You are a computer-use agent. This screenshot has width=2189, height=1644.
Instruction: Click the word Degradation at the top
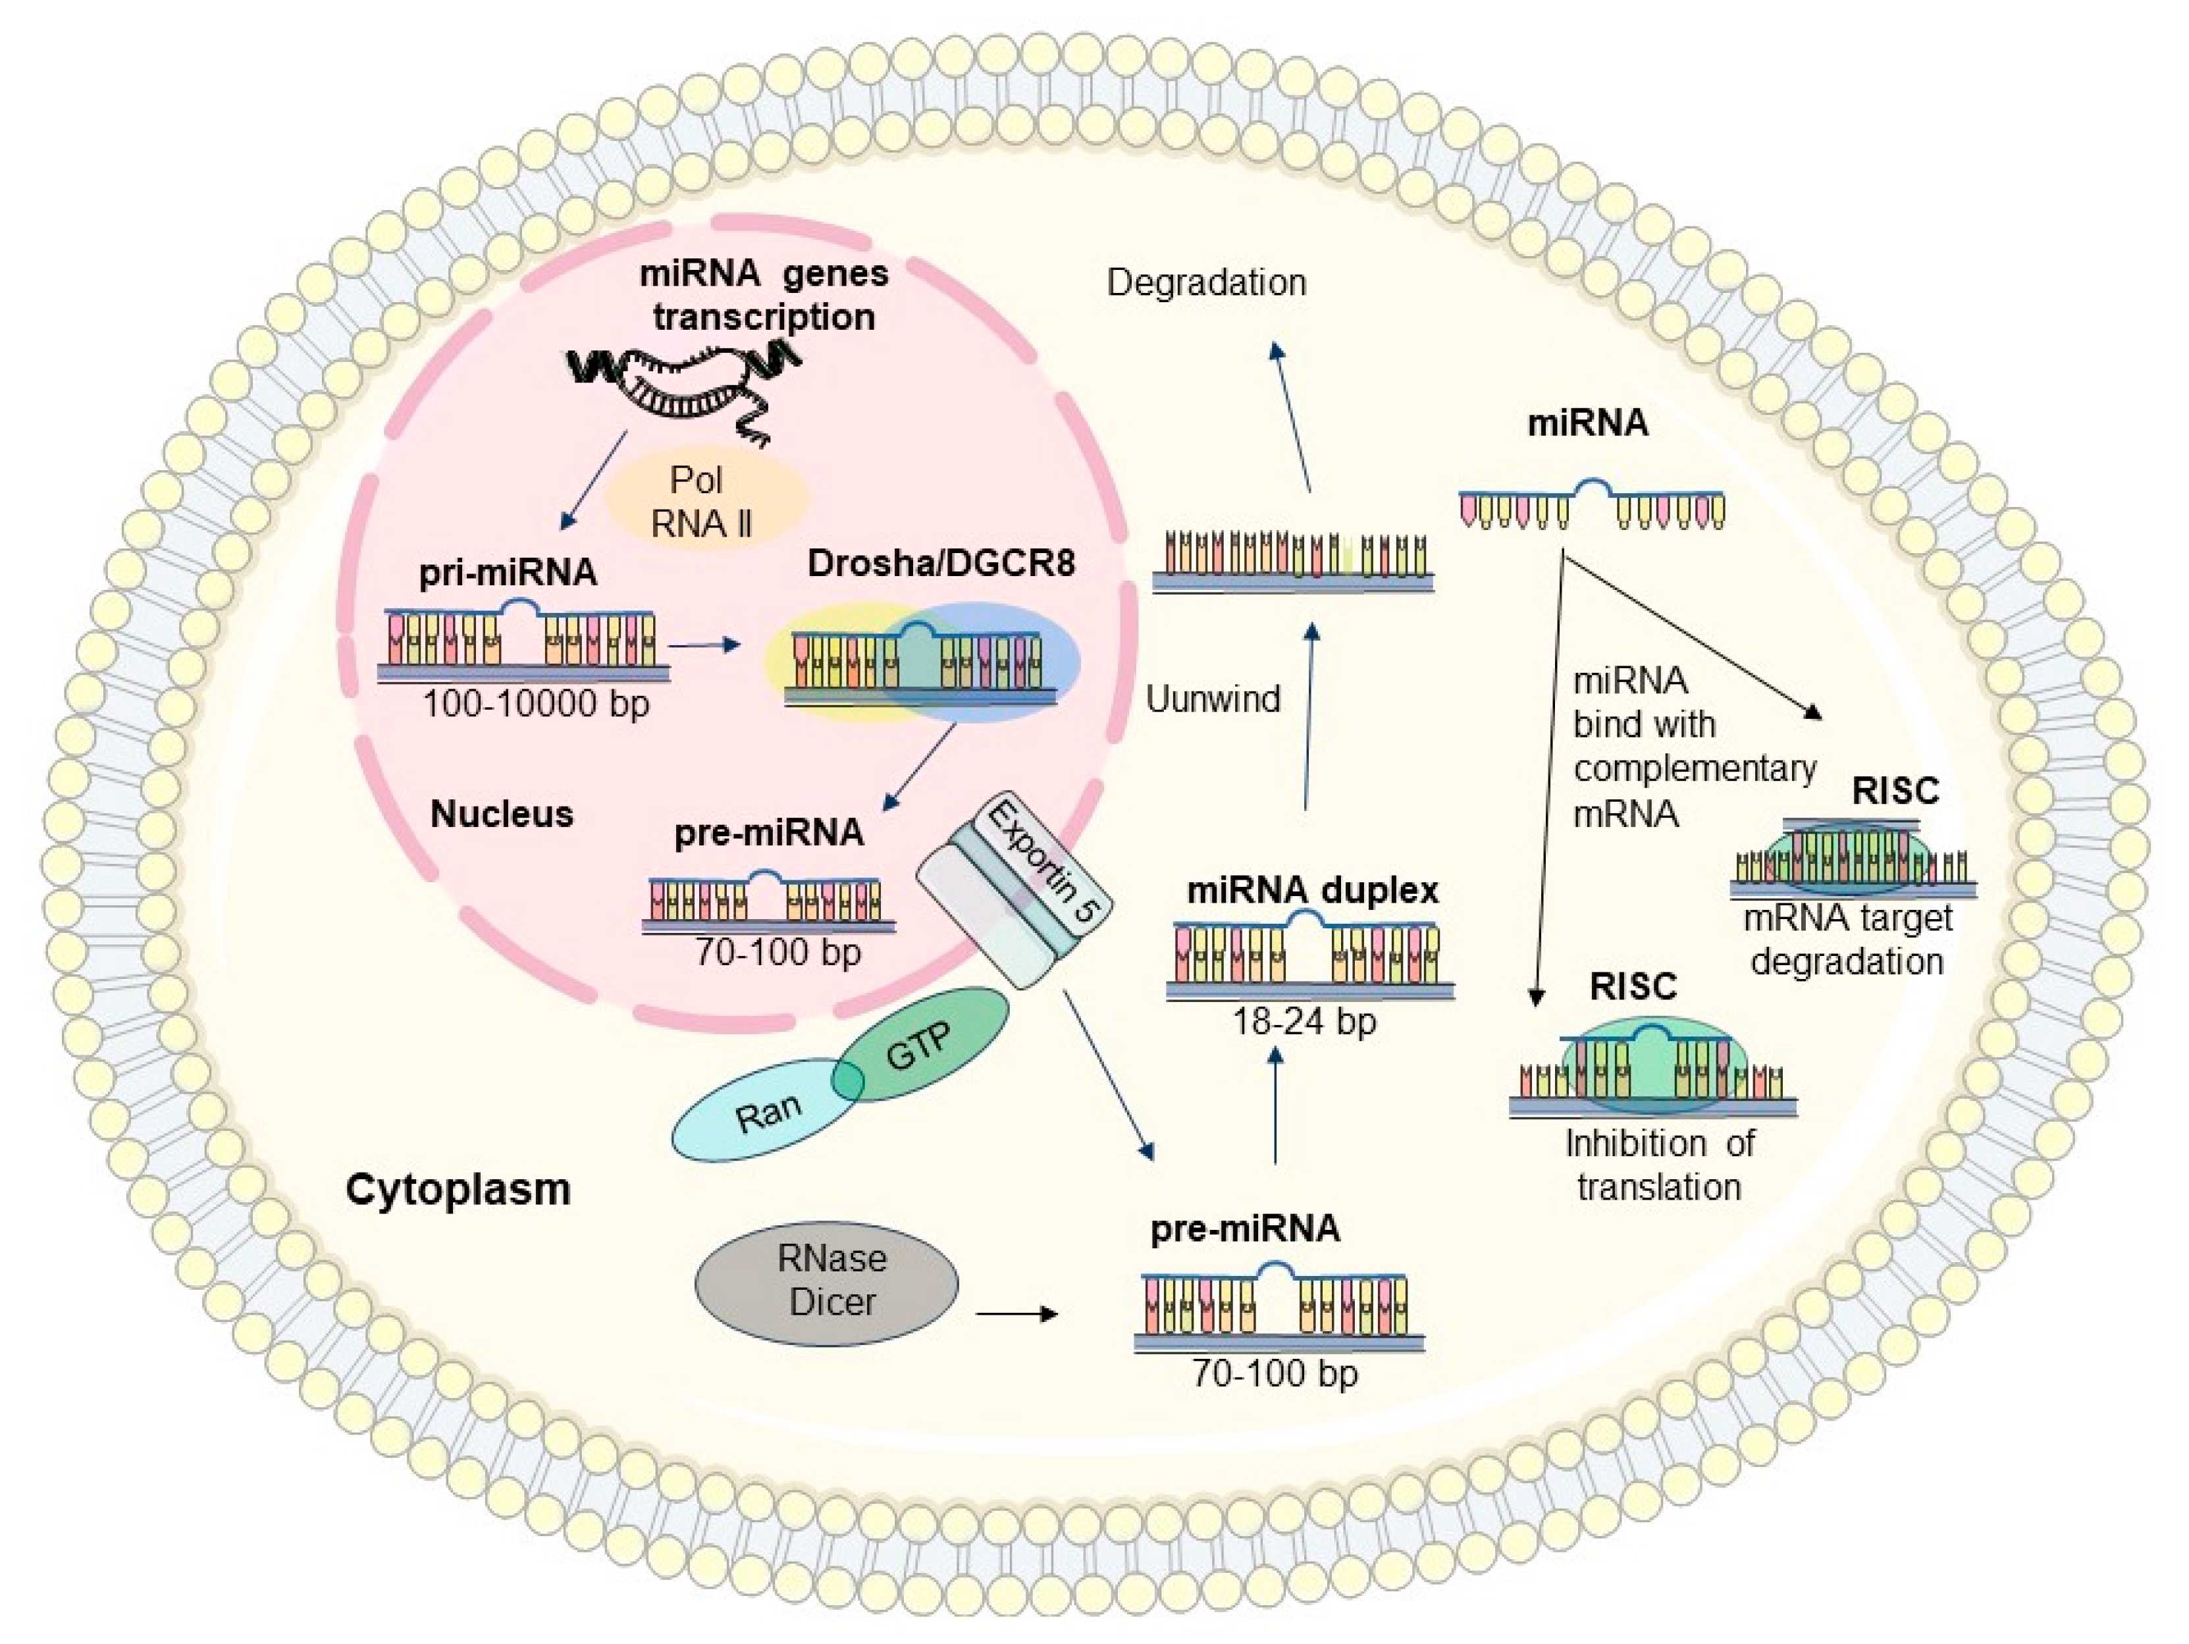click(x=1205, y=283)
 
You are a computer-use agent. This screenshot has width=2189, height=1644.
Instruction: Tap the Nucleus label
click(x=502, y=814)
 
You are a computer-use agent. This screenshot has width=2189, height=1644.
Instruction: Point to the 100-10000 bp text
click(x=535, y=704)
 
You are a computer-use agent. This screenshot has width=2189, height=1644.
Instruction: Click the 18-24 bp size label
click(x=1304, y=1021)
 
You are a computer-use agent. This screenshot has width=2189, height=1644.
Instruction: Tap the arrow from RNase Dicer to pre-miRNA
click(x=1016, y=1314)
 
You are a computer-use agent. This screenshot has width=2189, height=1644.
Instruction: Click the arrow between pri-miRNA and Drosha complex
click(x=704, y=645)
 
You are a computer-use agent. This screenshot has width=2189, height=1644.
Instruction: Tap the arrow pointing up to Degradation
click(x=1292, y=415)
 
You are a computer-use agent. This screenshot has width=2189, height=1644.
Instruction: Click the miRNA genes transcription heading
click(x=763, y=295)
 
